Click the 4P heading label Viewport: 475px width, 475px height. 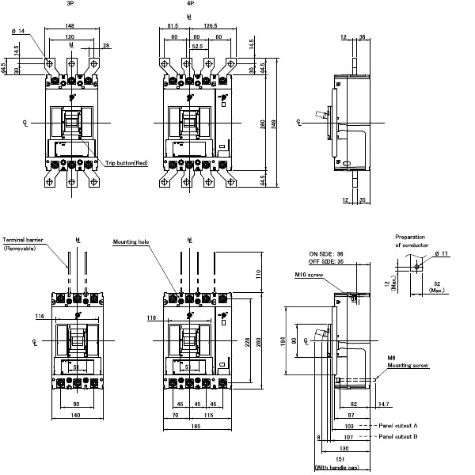click(x=188, y=4)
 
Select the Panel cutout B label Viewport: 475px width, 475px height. click(x=397, y=436)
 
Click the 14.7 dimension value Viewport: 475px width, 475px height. click(x=383, y=405)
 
